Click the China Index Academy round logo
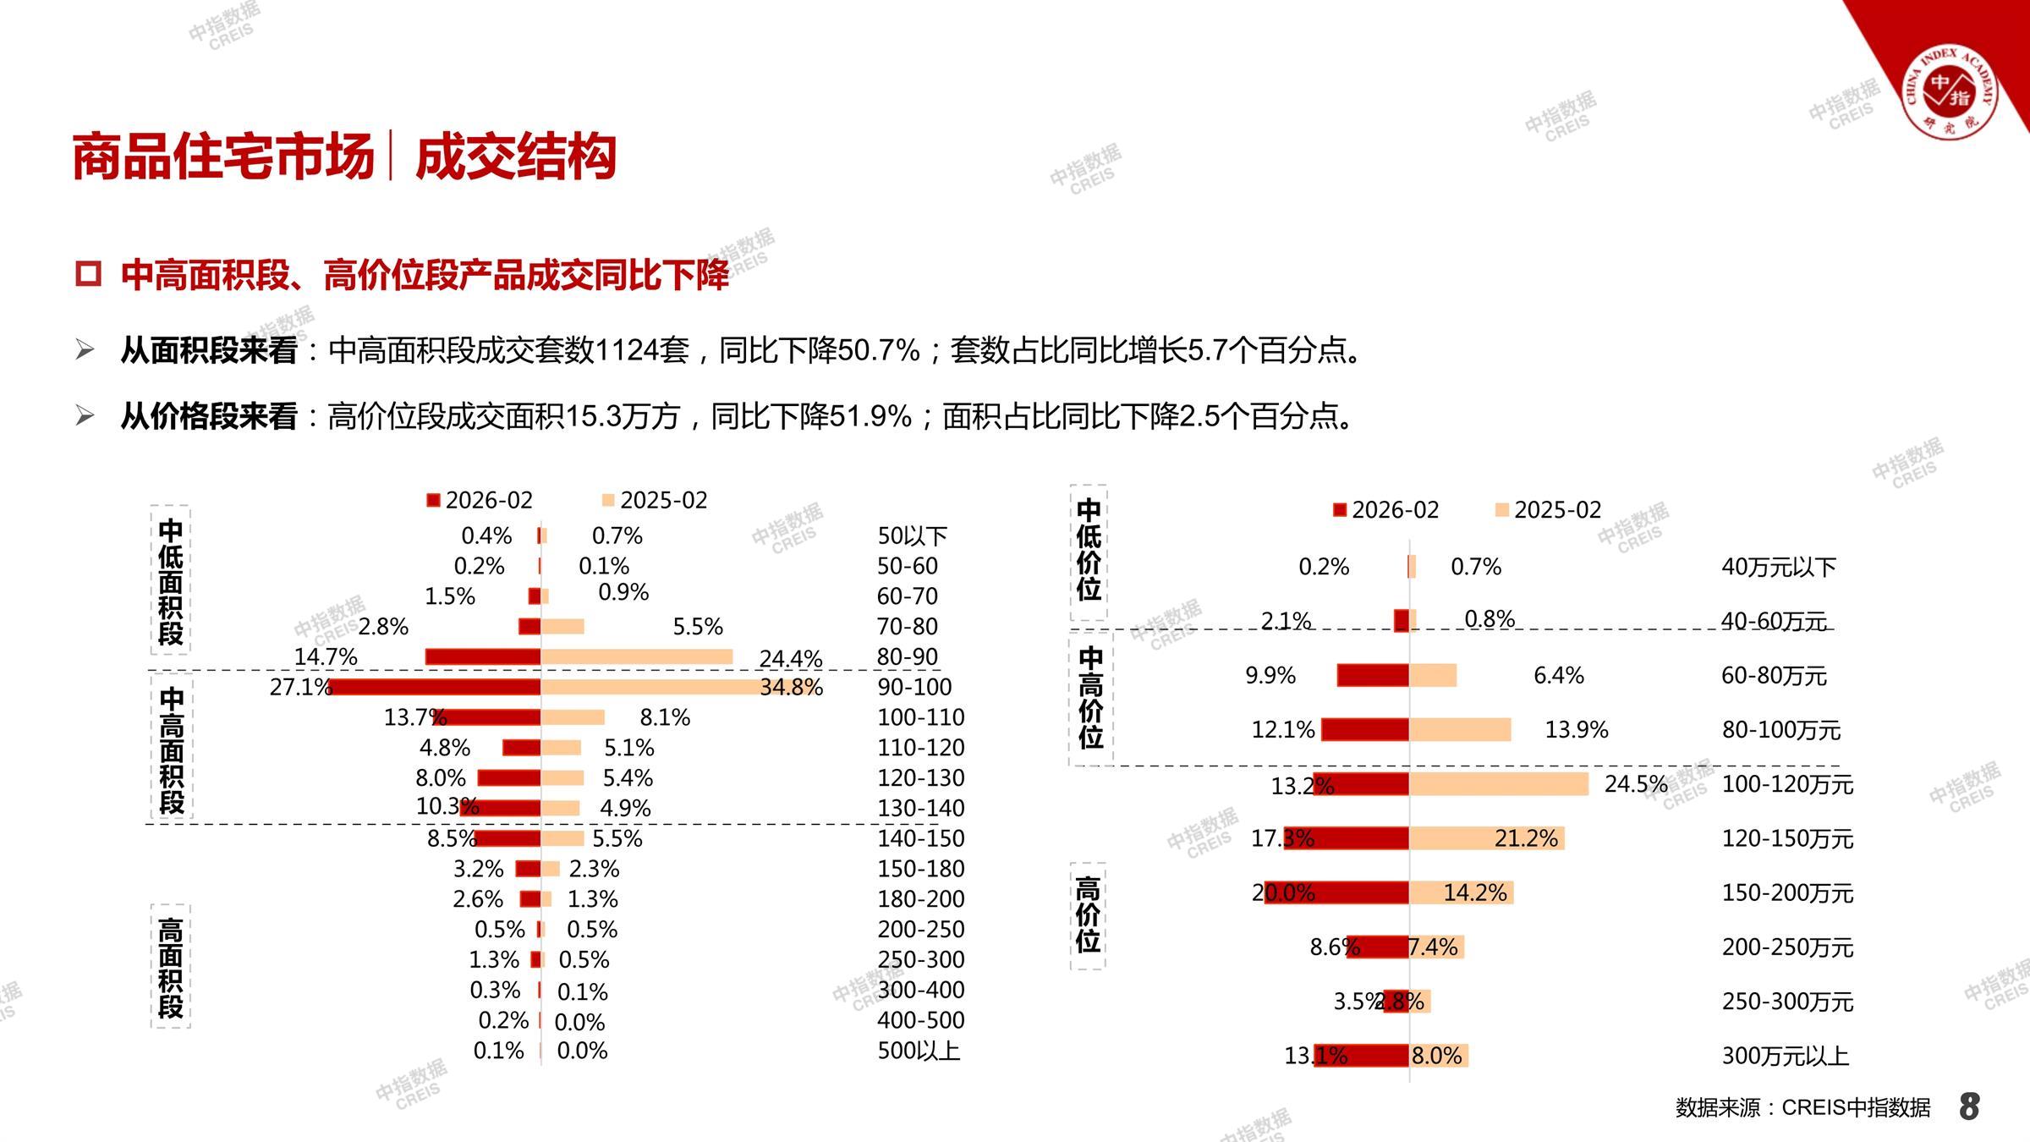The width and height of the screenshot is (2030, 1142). click(1950, 92)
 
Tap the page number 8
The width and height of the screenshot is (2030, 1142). click(1969, 1106)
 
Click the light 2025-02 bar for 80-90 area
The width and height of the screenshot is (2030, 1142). click(636, 656)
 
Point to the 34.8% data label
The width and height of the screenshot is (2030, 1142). click(791, 687)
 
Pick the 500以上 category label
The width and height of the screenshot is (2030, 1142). click(919, 1051)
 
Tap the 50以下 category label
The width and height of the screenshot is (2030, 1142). click(912, 535)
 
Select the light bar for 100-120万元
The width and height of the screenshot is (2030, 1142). click(1499, 784)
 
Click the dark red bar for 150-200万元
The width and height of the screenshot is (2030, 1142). click(1337, 892)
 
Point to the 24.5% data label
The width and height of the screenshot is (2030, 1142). click(1636, 784)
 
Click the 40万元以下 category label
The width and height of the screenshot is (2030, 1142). click(1778, 567)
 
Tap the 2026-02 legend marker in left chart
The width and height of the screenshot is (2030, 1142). click(434, 501)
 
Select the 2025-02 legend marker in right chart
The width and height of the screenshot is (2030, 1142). click(1502, 510)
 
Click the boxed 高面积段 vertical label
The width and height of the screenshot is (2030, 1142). click(171, 967)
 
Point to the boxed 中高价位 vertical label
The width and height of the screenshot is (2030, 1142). click(1090, 698)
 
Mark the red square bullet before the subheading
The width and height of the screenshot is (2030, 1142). click(88, 274)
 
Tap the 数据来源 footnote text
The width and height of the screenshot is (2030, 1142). click(1802, 1107)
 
